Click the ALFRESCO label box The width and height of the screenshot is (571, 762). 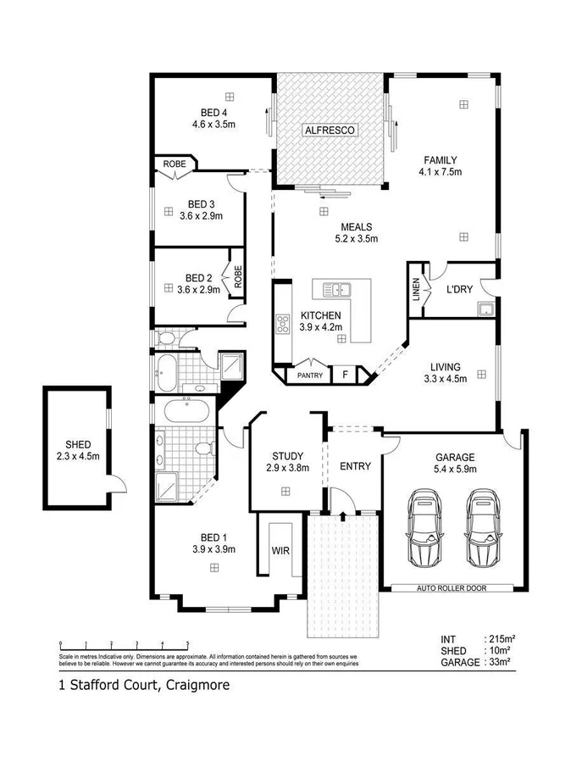pyautogui.click(x=331, y=130)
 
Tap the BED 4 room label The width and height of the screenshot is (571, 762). pyautogui.click(x=213, y=113)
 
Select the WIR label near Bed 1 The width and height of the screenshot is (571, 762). pyautogui.click(x=280, y=550)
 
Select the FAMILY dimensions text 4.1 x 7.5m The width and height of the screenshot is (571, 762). pyautogui.click(x=441, y=172)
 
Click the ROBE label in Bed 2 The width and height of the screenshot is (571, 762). pyautogui.click(x=238, y=279)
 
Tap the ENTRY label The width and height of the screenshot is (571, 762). pyautogui.click(x=355, y=466)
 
